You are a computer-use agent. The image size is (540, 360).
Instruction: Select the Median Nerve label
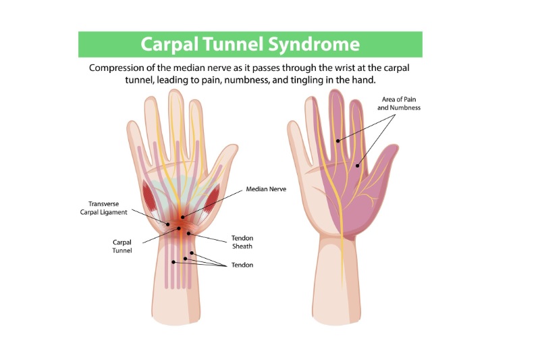(x=267, y=190)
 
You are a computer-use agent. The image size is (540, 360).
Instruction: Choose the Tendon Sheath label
(x=242, y=242)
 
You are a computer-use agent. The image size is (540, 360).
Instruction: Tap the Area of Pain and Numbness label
(x=400, y=103)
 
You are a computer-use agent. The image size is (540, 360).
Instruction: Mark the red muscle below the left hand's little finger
(x=150, y=197)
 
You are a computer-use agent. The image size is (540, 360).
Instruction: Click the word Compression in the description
(x=119, y=68)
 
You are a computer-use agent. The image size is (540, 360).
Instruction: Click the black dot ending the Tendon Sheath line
(x=190, y=233)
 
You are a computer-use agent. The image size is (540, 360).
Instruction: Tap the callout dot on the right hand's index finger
(x=338, y=141)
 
